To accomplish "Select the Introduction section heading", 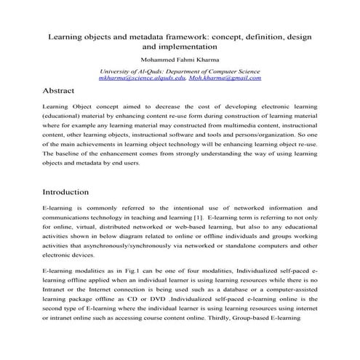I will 65,192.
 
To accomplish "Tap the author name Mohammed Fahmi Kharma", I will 180,60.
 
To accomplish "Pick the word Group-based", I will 273,319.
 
